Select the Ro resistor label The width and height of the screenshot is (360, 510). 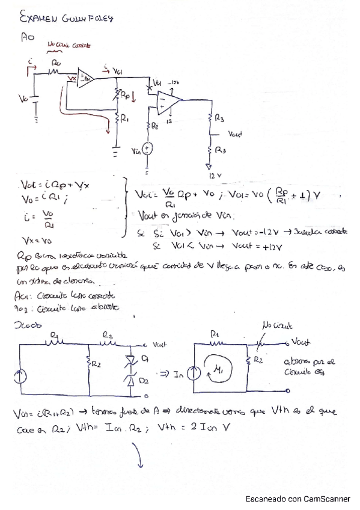[x=56, y=62]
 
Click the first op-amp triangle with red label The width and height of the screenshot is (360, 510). [x=86, y=77]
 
